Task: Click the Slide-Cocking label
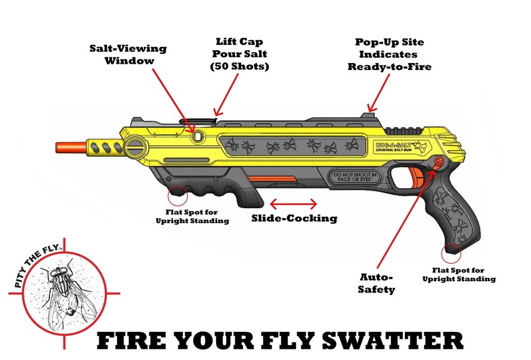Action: coord(294,218)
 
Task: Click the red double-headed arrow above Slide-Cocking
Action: coord(294,203)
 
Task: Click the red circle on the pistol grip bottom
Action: coord(451,252)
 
